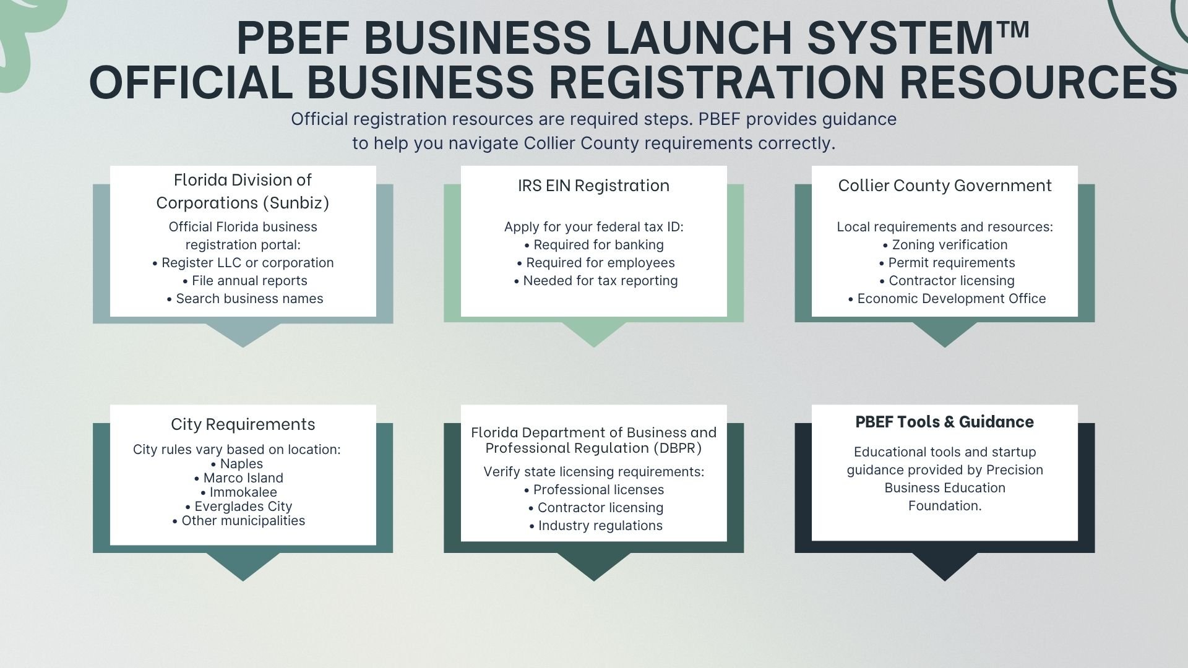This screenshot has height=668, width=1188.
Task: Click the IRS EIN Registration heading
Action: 593,186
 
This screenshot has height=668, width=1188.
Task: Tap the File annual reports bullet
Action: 246,281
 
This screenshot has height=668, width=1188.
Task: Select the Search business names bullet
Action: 246,299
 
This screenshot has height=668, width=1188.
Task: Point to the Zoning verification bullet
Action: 945,245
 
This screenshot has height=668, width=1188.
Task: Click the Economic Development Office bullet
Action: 947,299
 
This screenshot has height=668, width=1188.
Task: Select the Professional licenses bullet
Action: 594,490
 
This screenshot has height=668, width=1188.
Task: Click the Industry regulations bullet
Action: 596,526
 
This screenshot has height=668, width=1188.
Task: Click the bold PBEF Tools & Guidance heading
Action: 944,422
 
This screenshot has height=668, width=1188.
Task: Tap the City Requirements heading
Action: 243,424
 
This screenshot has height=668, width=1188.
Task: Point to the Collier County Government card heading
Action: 944,186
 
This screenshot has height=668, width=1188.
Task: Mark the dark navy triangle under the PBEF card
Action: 944,565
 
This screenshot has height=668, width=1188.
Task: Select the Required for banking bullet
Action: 594,245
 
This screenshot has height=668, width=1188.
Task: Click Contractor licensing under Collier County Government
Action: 947,281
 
